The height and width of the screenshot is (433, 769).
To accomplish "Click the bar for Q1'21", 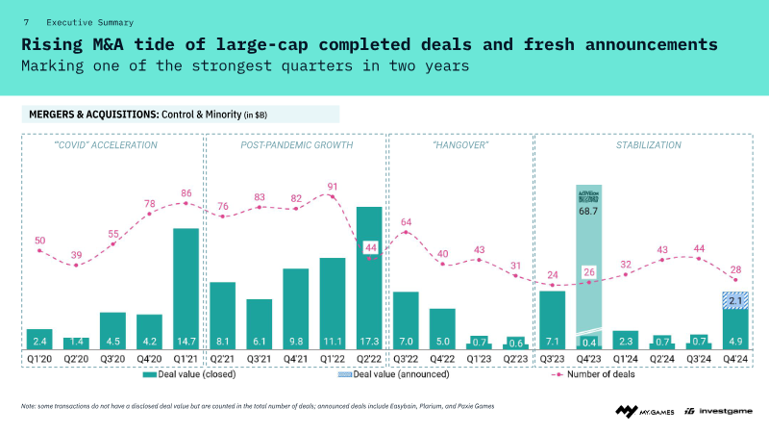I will click(x=186, y=289).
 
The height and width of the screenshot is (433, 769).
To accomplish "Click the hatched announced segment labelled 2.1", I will click(x=735, y=301).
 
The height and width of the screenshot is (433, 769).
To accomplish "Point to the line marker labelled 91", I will click(x=332, y=197).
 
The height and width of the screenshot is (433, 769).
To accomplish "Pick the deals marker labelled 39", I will click(x=76, y=265).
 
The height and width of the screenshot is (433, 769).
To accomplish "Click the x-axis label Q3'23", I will click(x=552, y=360).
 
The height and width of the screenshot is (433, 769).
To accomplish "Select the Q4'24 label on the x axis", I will click(x=735, y=360).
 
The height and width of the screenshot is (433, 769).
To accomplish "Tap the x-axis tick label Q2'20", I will click(x=76, y=360).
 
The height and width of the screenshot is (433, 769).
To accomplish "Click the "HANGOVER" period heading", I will click(x=461, y=145).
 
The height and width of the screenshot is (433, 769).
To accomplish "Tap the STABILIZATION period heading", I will click(x=649, y=145).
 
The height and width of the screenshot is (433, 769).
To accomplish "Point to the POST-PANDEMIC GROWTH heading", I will click(x=296, y=145).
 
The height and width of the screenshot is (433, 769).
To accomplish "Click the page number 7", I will click(x=26, y=21).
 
